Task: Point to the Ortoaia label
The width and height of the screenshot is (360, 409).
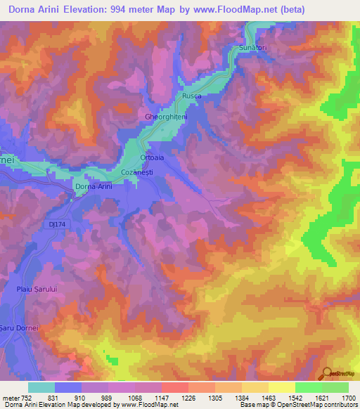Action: coord(153,158)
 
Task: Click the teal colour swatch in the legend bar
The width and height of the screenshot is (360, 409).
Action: coord(41,387)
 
